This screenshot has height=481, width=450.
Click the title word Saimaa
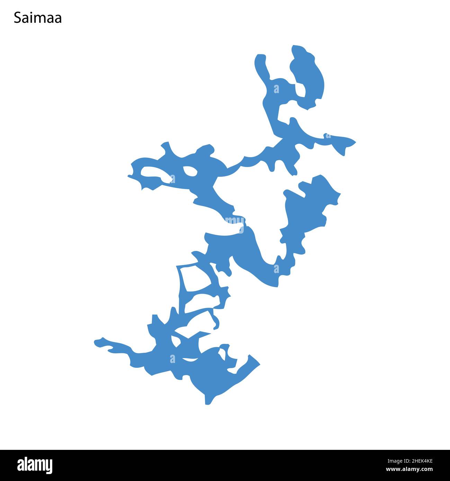point(38,18)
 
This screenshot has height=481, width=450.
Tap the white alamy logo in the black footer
point(35,465)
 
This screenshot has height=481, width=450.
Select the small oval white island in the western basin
point(190,171)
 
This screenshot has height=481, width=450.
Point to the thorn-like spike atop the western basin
point(166,145)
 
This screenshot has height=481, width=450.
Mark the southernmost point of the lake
point(207,403)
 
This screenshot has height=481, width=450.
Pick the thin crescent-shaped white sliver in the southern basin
point(189,360)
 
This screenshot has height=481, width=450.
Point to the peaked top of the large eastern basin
point(318,177)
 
